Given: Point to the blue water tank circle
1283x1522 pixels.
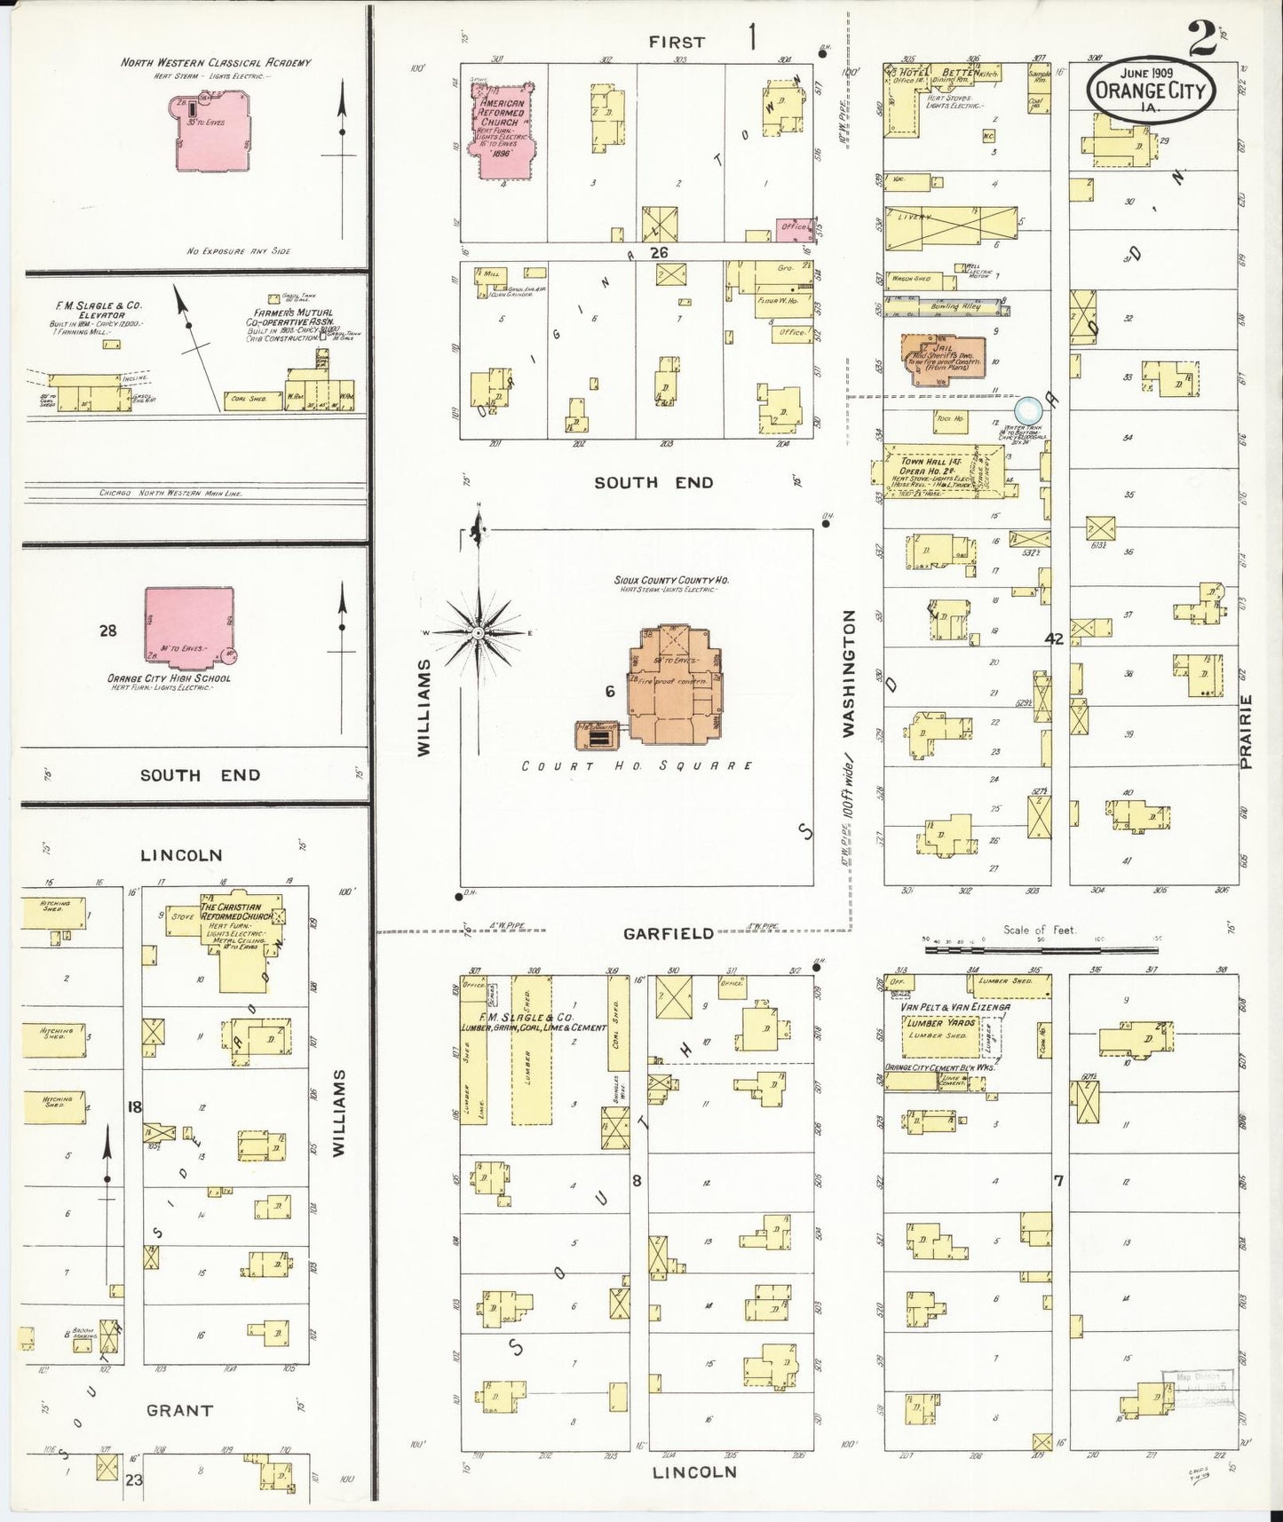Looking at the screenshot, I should tap(1028, 409).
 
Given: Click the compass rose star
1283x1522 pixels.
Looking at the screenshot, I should tap(478, 632).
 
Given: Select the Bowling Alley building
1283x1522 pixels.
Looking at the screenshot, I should tap(955, 307).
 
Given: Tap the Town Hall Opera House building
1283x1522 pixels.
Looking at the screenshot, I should tap(945, 471).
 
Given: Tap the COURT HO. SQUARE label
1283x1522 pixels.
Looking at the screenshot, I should tap(637, 765).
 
